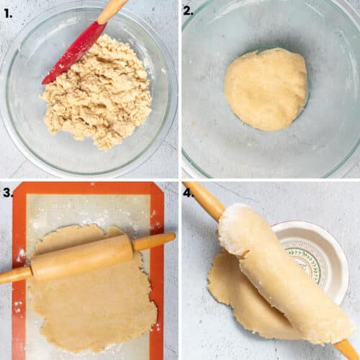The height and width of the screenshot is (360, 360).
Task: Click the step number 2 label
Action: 189,11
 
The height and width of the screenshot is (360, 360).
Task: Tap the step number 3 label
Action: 8,192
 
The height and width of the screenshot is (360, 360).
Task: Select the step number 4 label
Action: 189,192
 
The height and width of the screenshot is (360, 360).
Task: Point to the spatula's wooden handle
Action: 112,9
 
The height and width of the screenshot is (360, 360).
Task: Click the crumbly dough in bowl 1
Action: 97,94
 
